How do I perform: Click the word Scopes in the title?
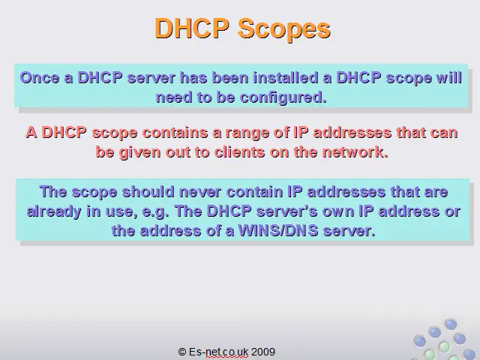(283, 29)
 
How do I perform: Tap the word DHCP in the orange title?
(192, 28)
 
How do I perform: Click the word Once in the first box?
(40, 78)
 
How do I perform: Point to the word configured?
(283, 98)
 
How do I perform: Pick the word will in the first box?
(449, 77)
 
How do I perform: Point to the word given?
(139, 153)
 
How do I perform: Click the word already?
(54, 212)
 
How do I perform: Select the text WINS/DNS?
(278, 230)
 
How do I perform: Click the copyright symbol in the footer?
(182, 352)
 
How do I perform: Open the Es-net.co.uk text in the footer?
(218, 352)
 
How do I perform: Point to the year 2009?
(263, 352)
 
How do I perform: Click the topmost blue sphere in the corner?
(451, 325)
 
